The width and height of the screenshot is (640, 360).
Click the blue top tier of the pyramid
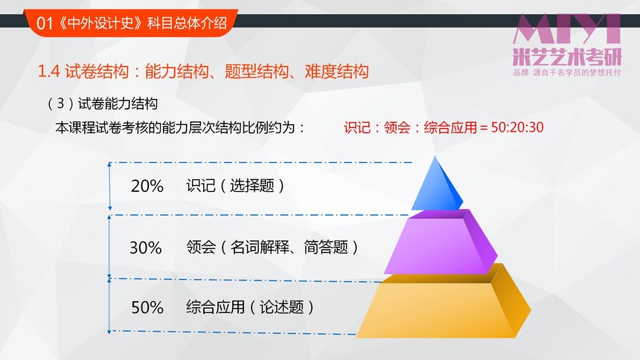coord(437,187)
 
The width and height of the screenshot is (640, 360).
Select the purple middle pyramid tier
coord(440,243)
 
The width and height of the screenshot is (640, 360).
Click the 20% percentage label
coord(147,186)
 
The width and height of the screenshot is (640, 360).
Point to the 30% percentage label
coord(146,248)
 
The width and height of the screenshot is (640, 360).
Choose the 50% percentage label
coord(147,307)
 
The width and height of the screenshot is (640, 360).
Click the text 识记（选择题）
coord(235,186)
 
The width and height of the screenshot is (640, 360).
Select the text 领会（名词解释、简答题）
coord(272,247)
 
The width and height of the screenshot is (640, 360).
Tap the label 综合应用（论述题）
coord(250,307)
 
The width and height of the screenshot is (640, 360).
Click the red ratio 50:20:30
coord(517,127)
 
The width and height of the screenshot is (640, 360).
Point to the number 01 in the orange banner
coord(45,23)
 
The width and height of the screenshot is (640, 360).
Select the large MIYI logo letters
coord(567,28)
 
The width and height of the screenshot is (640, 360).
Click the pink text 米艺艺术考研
coord(567,57)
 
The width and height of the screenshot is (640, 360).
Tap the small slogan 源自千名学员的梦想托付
coord(577,73)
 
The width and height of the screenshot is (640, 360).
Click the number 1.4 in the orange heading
coord(48,71)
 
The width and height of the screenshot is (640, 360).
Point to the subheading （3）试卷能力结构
coord(102,103)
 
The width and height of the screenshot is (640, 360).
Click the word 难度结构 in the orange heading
coord(336,71)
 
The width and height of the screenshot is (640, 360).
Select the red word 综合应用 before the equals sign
coord(450,127)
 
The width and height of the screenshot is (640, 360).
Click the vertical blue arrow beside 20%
coord(109,186)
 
